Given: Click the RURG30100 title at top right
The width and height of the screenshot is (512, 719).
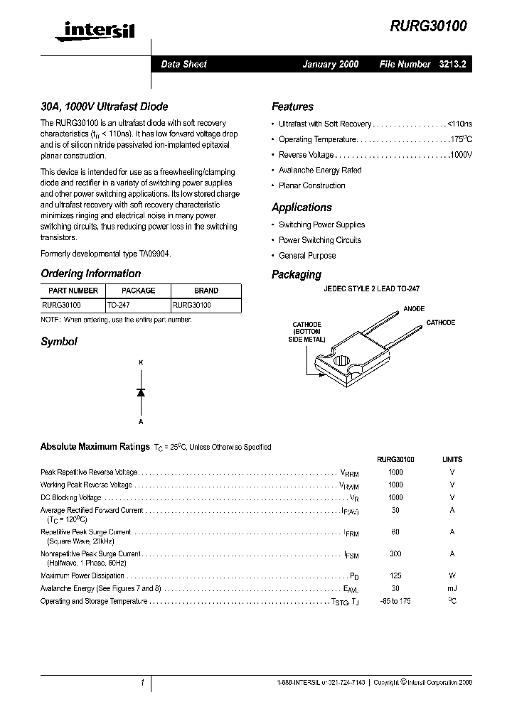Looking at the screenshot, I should pyautogui.click(x=428, y=26).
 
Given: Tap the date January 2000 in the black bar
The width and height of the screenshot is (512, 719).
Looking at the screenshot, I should pyautogui.click(x=330, y=64).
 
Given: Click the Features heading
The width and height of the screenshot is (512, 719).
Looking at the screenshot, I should pyautogui.click(x=292, y=107).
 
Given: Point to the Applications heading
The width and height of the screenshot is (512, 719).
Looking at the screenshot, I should pyautogui.click(x=302, y=207).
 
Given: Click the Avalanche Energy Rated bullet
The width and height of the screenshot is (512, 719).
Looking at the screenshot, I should pyautogui.click(x=320, y=171).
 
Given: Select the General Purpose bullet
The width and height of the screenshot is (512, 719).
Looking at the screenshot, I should pyautogui.click(x=307, y=256).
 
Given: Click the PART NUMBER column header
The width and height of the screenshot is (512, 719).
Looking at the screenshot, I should pyautogui.click(x=73, y=291).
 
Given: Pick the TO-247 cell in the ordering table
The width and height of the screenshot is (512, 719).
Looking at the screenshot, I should pyautogui.click(x=118, y=304).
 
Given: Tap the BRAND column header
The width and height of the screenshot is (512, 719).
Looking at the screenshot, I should pyautogui.click(x=206, y=291).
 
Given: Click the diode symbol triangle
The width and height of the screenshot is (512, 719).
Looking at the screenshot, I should pyautogui.click(x=141, y=392).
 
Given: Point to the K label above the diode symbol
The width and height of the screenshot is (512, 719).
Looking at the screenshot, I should pyautogui.click(x=141, y=363).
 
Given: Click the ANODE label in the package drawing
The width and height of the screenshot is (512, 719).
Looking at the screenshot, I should pyautogui.click(x=414, y=309).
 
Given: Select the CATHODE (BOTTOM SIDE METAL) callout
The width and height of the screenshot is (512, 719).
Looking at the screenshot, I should pyautogui.click(x=306, y=332).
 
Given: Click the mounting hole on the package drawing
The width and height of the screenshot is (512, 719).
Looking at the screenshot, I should pyautogui.click(x=343, y=361).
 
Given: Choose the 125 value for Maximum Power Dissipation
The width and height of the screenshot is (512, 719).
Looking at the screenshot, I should pyautogui.click(x=395, y=576).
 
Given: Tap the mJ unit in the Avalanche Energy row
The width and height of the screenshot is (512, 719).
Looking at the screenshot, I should pyautogui.click(x=452, y=589).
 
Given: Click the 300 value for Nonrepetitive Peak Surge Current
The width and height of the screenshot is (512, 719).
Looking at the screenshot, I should pyautogui.click(x=395, y=554).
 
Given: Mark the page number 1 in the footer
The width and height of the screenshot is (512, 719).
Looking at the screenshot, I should pyautogui.click(x=142, y=683).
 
